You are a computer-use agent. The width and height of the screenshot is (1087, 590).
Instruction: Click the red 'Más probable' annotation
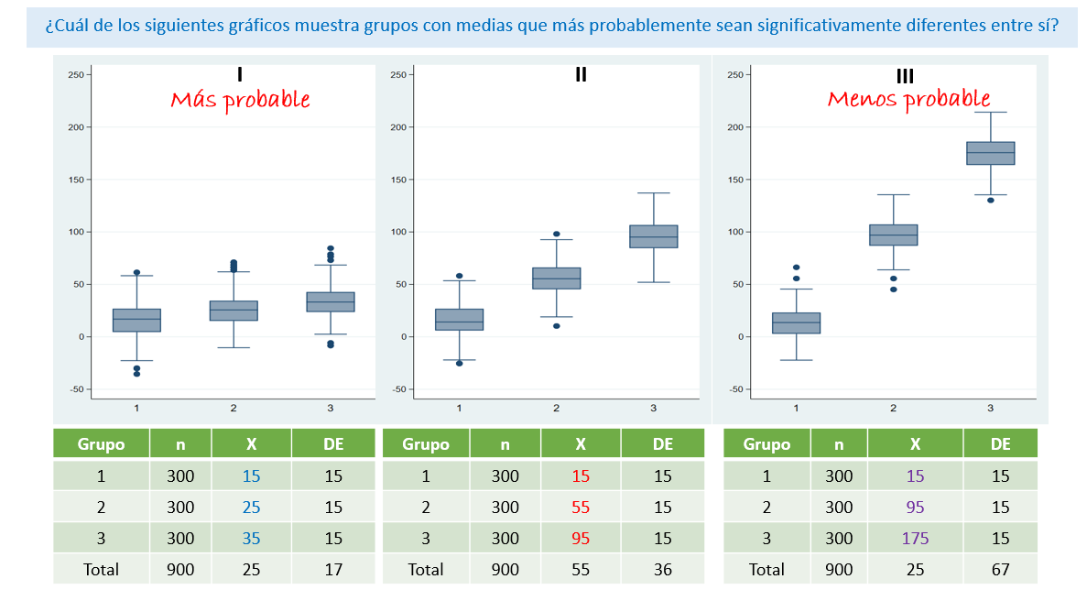(x=240, y=100)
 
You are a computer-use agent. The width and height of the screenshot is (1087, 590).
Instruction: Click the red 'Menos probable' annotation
(x=908, y=98)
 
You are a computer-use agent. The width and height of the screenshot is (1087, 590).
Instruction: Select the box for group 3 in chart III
(x=990, y=153)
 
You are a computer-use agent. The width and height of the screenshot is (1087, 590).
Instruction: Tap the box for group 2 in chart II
(x=556, y=278)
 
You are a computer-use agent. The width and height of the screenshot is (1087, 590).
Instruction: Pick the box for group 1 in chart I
(x=136, y=320)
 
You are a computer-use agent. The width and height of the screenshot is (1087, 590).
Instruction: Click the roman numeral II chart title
(x=581, y=75)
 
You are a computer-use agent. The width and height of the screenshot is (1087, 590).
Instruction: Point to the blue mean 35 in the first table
(x=251, y=538)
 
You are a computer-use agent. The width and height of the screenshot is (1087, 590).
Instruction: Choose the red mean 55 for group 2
(x=581, y=507)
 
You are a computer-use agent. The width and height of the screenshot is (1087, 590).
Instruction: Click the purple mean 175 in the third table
(x=915, y=538)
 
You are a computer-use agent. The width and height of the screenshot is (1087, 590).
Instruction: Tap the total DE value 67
(x=1000, y=569)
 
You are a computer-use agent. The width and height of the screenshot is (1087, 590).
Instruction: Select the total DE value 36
(x=663, y=569)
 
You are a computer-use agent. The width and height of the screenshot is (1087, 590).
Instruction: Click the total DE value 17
(x=333, y=569)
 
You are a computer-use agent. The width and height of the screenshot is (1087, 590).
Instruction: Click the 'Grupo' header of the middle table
(x=426, y=444)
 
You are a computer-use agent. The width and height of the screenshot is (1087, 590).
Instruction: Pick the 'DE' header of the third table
(x=1000, y=444)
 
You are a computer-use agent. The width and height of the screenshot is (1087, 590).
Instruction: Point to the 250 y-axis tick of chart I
(x=77, y=74)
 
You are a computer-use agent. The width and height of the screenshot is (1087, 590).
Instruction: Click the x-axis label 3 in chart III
(x=990, y=408)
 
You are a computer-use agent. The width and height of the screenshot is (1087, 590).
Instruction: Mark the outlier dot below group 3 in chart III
(x=990, y=200)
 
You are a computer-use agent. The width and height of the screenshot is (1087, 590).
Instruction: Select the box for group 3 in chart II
(x=654, y=236)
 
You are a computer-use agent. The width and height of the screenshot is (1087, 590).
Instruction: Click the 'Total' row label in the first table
(x=101, y=569)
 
